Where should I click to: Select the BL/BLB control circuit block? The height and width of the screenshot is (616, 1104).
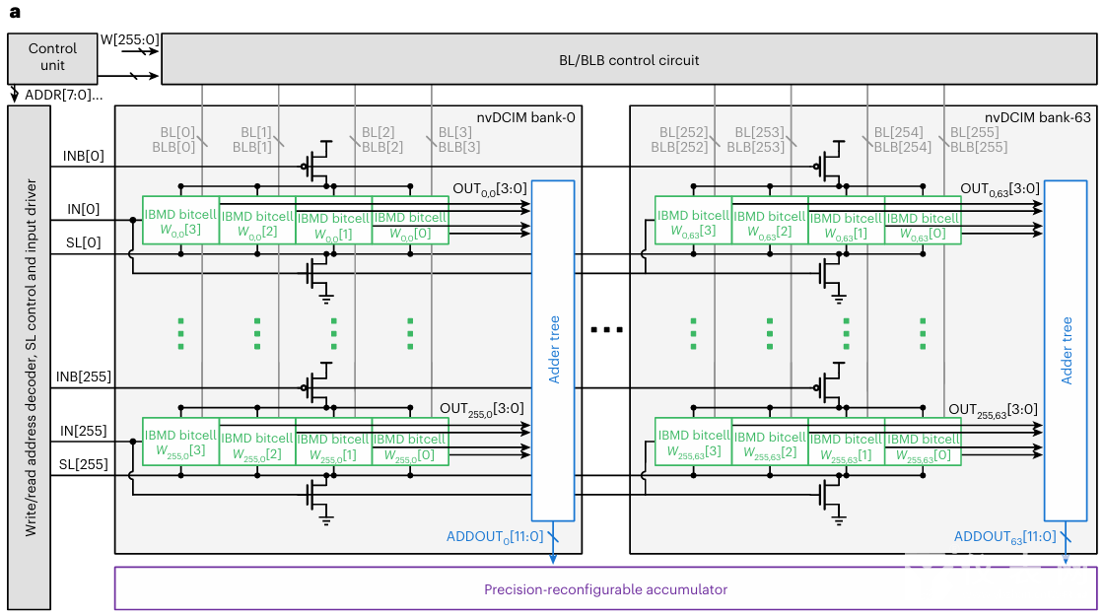click(x=628, y=60)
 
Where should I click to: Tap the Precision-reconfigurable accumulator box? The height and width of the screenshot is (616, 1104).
click(x=604, y=589)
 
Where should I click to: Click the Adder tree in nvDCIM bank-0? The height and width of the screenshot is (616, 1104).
click(x=553, y=350)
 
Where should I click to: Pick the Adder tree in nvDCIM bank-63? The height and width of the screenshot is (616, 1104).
click(x=1065, y=350)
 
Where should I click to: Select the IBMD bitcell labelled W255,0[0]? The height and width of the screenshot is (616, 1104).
click(x=410, y=446)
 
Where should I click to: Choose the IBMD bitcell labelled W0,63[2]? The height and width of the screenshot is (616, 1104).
click(x=770, y=223)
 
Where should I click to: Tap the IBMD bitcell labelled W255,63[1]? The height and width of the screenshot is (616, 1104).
click(x=846, y=445)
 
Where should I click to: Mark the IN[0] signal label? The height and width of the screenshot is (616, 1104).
click(x=83, y=208)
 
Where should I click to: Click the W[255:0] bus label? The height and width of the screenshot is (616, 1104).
click(x=129, y=39)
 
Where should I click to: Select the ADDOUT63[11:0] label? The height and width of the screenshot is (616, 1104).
click(x=1004, y=537)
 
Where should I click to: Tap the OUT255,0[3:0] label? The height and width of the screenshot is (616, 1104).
click(x=481, y=407)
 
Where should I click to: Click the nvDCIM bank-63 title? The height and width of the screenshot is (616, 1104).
click(x=1040, y=117)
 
